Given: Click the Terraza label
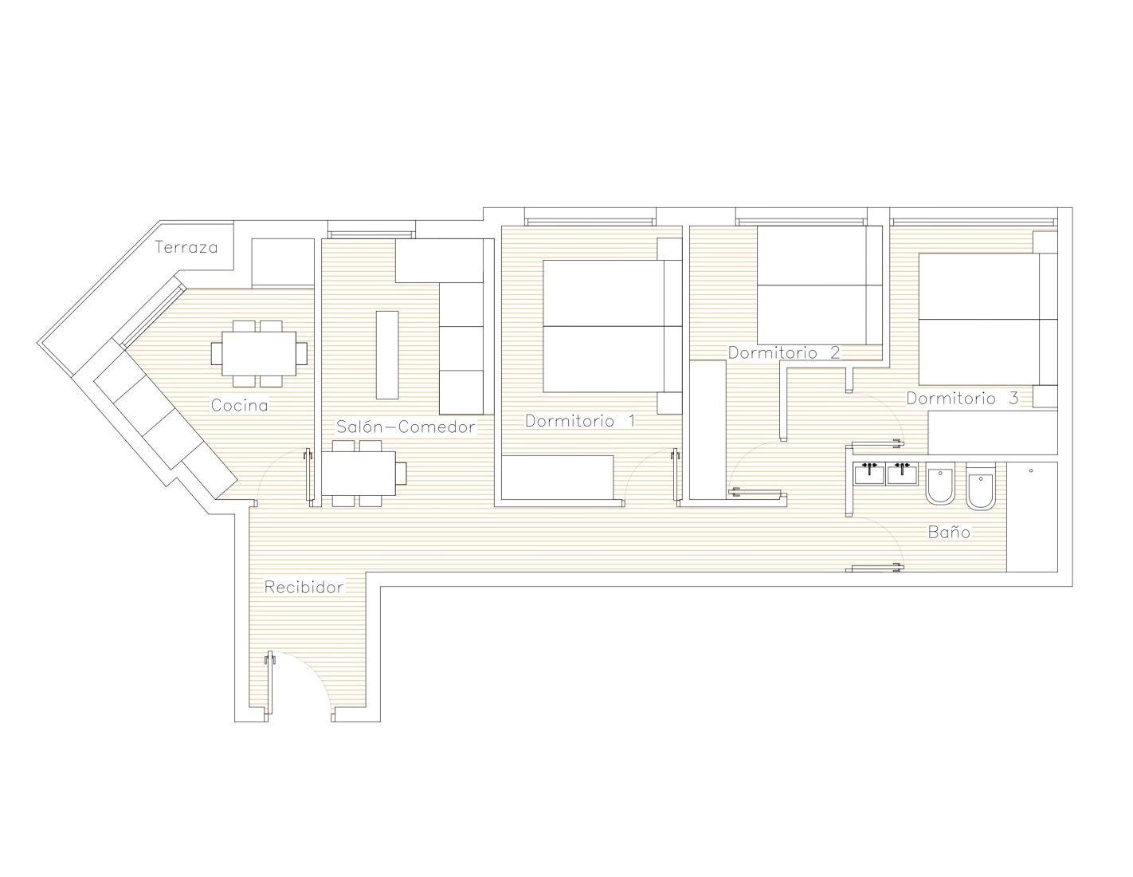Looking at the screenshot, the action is pos(186,247).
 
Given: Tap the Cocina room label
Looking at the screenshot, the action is pos(239,405).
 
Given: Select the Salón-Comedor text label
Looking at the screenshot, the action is pos(406,427).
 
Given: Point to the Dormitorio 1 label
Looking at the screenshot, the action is pos(580,420).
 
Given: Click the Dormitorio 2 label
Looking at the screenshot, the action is pos(784,352).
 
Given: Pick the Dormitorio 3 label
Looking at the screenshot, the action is pos(962,398).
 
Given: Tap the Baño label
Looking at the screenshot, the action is pos(949,532).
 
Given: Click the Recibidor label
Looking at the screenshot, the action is pos(304,587).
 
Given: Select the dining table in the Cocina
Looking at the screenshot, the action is pos(259,354).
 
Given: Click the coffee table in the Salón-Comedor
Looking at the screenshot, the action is pos(387,355).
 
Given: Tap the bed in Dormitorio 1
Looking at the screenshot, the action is pos(613,326).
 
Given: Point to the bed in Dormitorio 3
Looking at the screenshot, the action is pos(988,319).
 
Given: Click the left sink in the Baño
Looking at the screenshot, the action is pos(869,474).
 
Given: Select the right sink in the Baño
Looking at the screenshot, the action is pos(902,474).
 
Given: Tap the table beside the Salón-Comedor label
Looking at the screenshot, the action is pos(359,474).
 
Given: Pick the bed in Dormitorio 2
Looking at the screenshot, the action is pos(820,285).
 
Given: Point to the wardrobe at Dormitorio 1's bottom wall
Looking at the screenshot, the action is pos(558,478).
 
